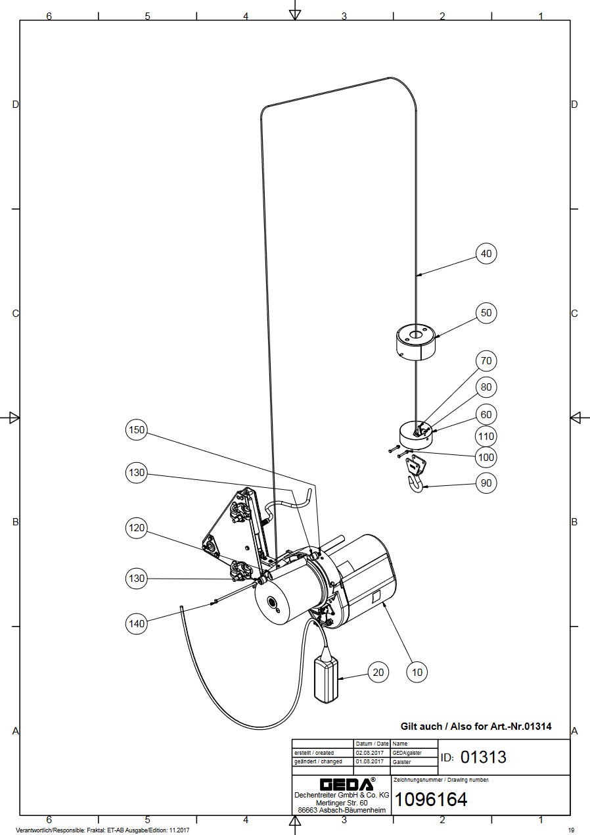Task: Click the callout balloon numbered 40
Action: (x=486, y=254)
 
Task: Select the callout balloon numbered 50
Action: (x=486, y=313)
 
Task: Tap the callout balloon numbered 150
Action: (x=136, y=429)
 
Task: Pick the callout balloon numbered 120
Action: (x=136, y=528)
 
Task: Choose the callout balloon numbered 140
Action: (x=136, y=624)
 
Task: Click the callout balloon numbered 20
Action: (x=378, y=672)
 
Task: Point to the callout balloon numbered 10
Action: (x=417, y=672)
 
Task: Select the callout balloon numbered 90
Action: (x=486, y=483)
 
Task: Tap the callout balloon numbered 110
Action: (x=486, y=436)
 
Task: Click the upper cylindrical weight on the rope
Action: (x=415, y=342)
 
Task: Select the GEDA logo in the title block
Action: (x=347, y=784)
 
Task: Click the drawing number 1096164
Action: (x=430, y=799)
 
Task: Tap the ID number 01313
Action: (x=483, y=757)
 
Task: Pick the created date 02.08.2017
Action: (x=369, y=753)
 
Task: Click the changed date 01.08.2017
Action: (x=369, y=761)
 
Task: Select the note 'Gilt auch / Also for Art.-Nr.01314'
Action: (x=476, y=726)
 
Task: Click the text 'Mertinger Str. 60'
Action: (x=342, y=803)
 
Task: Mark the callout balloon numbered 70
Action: (x=486, y=361)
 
